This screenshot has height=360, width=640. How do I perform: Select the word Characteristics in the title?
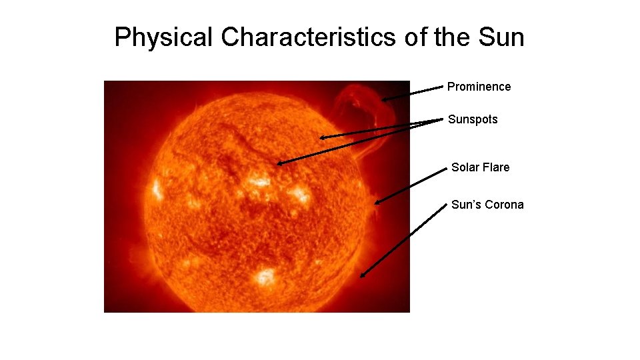(309, 37)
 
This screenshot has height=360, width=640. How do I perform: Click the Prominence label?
(479, 87)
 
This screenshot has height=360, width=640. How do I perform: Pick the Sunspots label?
(473, 120)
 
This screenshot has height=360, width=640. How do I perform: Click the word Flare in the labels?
(496, 167)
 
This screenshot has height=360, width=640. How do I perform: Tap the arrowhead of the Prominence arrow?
(385, 99)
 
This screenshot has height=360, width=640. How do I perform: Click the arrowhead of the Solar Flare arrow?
(378, 201)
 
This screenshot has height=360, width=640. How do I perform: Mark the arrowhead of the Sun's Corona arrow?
(363, 275)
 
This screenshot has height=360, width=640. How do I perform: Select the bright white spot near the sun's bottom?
(265, 275)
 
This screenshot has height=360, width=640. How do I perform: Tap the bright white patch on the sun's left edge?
(157, 189)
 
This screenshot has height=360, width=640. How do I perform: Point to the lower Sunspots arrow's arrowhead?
(279, 163)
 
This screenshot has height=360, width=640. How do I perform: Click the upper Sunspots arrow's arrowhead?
(322, 137)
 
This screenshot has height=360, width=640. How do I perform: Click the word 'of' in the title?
(414, 37)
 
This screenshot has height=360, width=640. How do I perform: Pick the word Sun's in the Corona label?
(467, 205)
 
